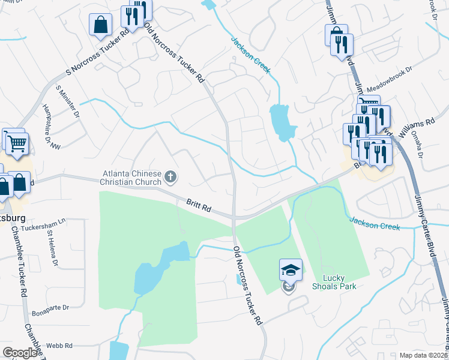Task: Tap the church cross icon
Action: [x=171, y=176]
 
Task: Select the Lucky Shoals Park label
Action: [x=340, y=282]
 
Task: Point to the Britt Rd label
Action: [x=198, y=208]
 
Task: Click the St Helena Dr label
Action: [x=52, y=252]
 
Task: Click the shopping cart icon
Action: [x=17, y=144]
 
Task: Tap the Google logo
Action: [x=20, y=353]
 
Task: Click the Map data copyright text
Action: [x=423, y=355]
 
